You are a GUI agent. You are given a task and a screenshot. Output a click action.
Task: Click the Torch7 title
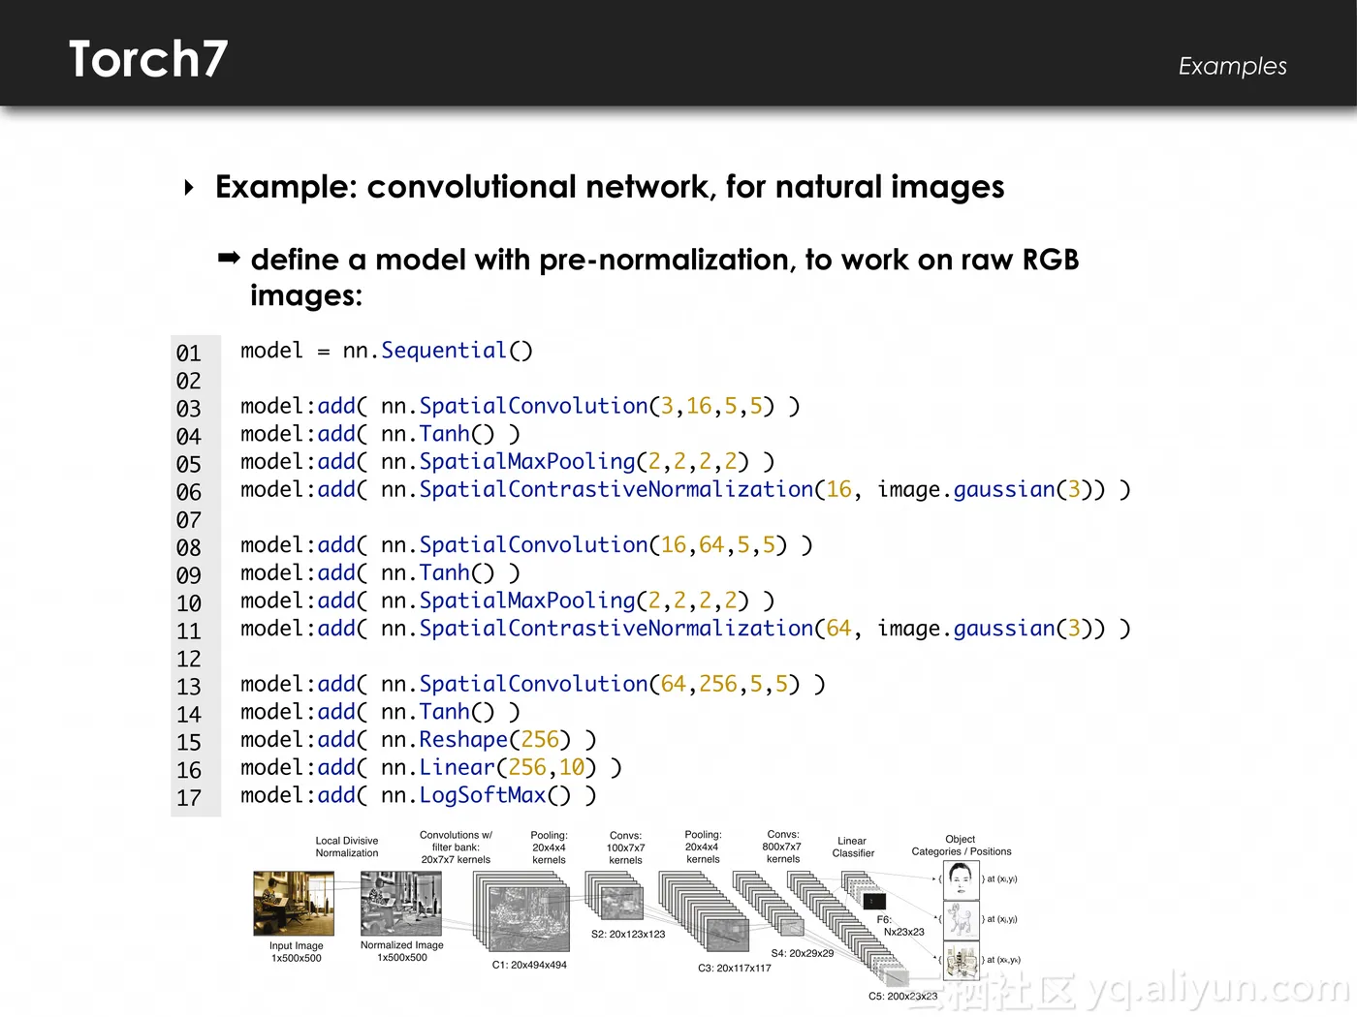148,60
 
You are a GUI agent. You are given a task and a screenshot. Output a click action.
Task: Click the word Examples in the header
1232,66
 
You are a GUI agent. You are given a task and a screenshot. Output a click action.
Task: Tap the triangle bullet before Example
189,187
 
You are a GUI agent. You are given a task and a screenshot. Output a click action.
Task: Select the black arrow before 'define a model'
229,258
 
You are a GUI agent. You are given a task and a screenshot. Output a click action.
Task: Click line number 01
189,354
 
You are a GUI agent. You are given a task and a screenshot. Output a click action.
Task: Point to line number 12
189,660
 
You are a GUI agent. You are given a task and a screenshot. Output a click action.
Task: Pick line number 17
189,799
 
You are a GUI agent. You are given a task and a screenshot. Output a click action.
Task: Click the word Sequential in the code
444,351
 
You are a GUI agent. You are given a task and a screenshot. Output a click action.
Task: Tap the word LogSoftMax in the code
483,795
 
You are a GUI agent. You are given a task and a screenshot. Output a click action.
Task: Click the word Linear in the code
457,768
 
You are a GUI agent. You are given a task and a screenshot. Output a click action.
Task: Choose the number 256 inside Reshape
540,740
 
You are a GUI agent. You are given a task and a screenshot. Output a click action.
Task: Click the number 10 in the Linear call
572,768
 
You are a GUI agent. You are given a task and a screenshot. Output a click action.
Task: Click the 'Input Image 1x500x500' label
296,952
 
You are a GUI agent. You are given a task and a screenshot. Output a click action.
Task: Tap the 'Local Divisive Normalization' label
347,847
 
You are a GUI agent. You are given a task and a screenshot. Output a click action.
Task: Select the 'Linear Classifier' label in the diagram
853,847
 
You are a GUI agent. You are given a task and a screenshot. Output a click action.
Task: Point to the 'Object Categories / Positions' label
961,846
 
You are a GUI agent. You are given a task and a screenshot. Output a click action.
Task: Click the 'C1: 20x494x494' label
529,965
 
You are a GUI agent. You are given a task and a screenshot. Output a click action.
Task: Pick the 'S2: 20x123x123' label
628,935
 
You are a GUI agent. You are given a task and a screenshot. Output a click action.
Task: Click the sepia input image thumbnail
294,904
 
